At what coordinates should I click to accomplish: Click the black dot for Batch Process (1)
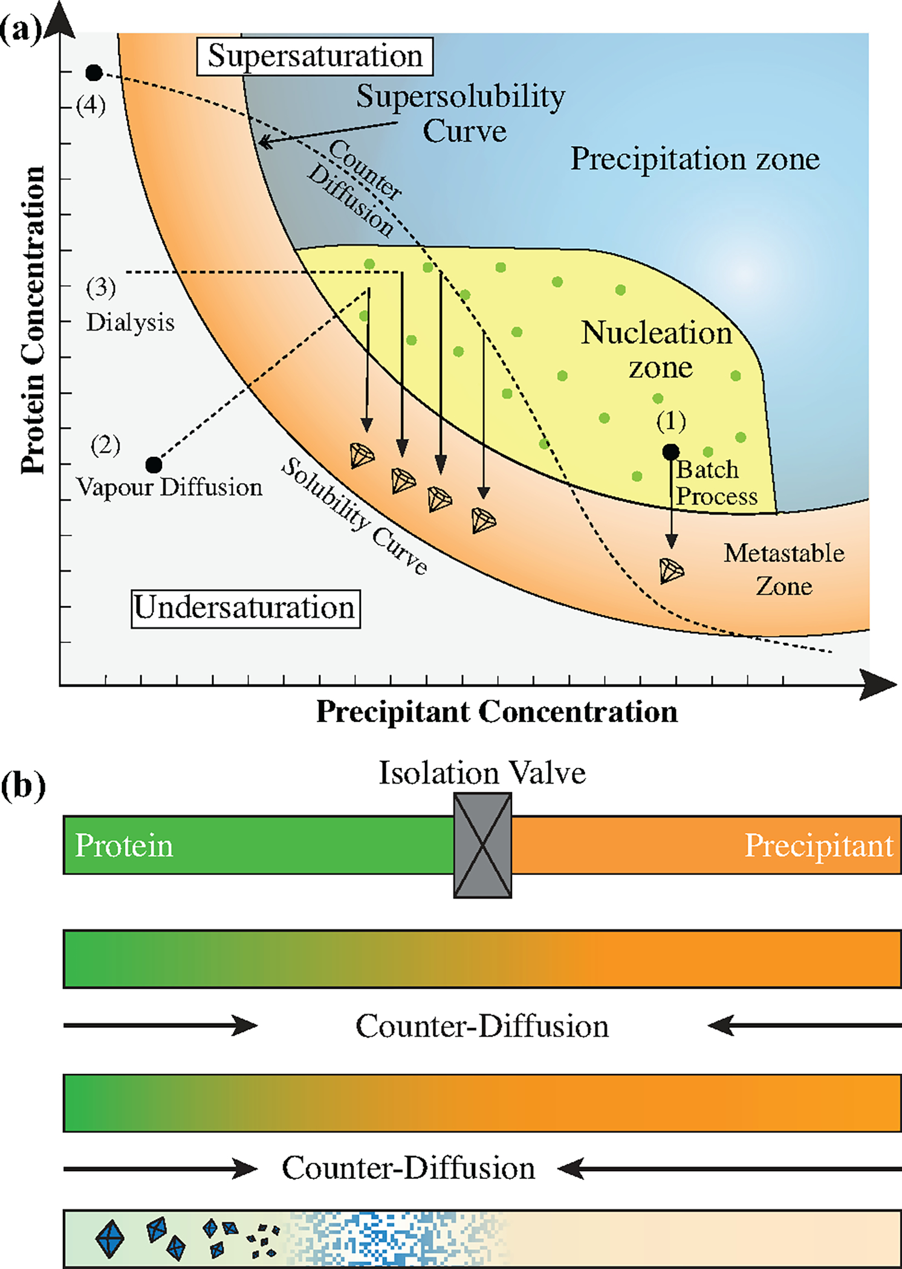[x=670, y=451]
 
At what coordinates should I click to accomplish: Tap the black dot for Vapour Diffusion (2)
[x=154, y=465]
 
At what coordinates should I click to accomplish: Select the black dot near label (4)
[x=94, y=73]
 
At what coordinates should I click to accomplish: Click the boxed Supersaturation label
[x=315, y=56]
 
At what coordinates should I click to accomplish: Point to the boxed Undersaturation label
[x=245, y=608]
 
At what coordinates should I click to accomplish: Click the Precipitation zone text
[x=695, y=160]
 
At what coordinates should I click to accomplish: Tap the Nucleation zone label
[x=657, y=350]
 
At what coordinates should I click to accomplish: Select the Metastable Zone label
[x=784, y=569]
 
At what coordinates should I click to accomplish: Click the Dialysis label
[x=131, y=322]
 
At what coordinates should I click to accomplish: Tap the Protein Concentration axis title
[x=33, y=320]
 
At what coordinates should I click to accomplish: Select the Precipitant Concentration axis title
[x=497, y=712]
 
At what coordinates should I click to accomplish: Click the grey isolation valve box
[x=482, y=845]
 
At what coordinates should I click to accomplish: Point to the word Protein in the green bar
[x=124, y=845]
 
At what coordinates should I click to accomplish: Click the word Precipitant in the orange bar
[x=819, y=845]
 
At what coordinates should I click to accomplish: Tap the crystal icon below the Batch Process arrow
[x=671, y=570]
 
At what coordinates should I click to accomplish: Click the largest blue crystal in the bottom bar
[x=110, y=1238]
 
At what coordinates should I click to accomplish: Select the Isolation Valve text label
[x=482, y=773]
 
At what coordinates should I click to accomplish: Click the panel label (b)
[x=23, y=786]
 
